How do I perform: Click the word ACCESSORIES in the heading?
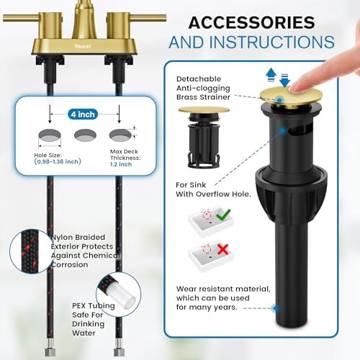coord(251,22)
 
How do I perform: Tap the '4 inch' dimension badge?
coord(83,114)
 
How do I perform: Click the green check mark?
coord(223,215)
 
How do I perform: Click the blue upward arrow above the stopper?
coord(271,74)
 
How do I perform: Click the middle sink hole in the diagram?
coord(85,135)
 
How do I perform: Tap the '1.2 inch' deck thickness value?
coord(121,164)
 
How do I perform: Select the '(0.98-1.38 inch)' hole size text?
coord(58,161)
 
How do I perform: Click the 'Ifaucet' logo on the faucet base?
coord(83,46)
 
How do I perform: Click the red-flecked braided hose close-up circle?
coord(30,251)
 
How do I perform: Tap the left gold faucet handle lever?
coord(21,18)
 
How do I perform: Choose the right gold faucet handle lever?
coord(148,18)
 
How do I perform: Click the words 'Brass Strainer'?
coord(203,97)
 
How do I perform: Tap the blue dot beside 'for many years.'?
coord(275,308)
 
